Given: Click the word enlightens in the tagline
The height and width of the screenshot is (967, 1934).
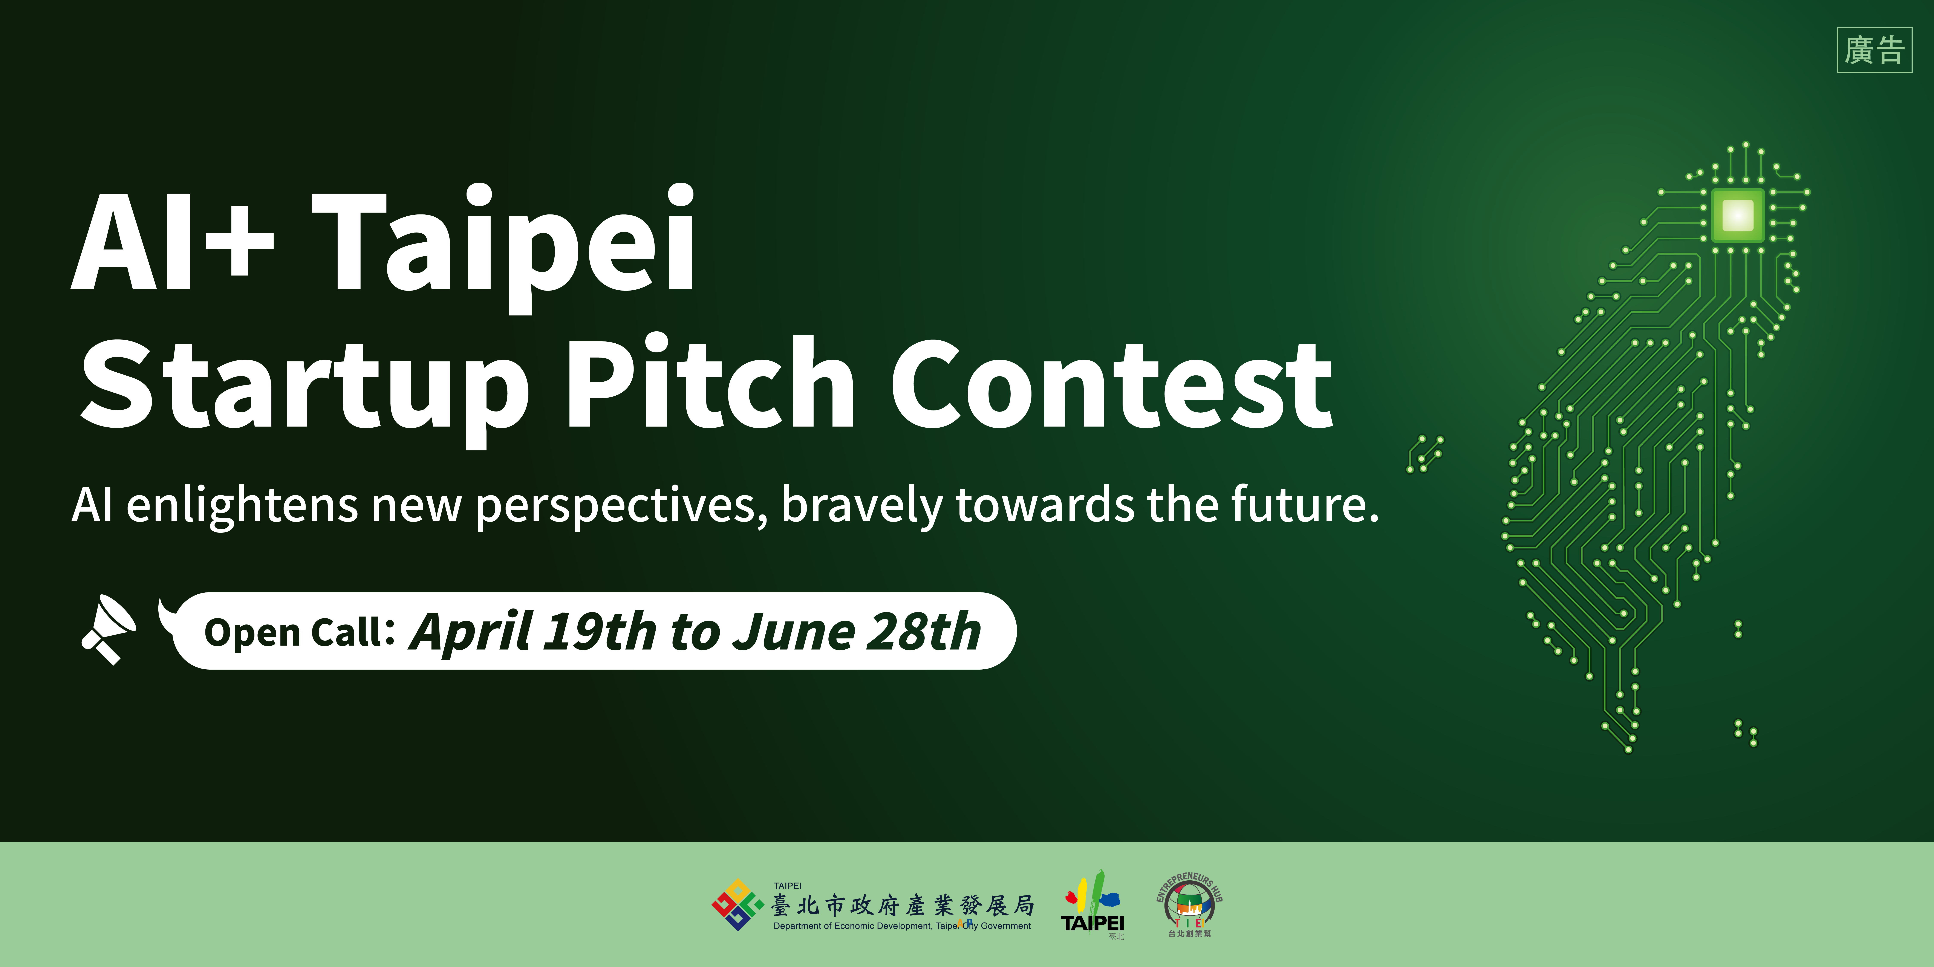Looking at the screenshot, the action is click(x=242, y=505).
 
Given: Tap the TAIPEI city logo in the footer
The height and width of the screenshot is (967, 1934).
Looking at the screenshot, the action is click(x=1092, y=905).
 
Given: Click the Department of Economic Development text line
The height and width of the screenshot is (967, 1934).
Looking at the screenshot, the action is click(x=902, y=926).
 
